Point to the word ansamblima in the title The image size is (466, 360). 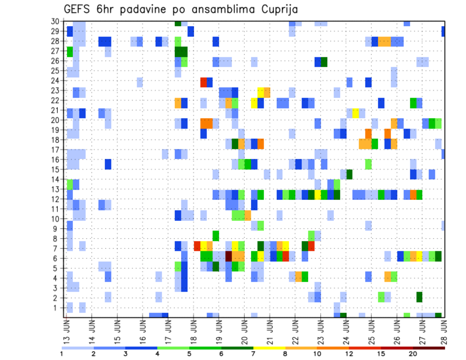point(224,10)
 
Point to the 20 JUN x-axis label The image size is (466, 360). point(243,330)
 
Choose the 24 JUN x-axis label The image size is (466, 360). point(344,330)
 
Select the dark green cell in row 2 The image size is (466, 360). point(419,297)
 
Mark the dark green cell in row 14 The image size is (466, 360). point(349,174)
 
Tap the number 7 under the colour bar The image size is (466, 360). point(253,354)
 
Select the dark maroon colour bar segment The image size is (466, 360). point(429,347)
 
